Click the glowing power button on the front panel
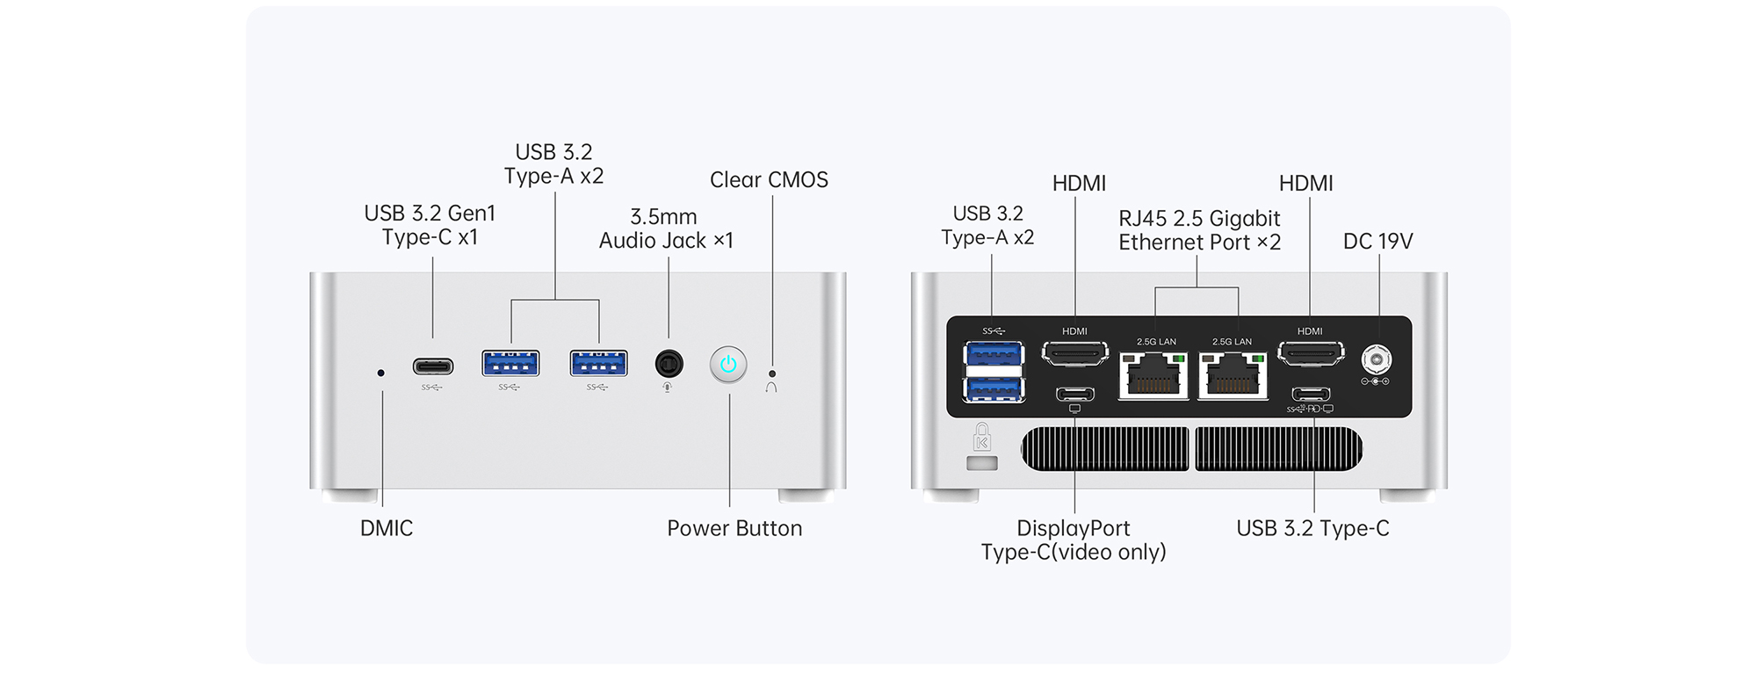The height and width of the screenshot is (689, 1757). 728,365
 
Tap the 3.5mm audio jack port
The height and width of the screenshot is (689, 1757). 669,363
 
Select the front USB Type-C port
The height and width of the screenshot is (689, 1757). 433,366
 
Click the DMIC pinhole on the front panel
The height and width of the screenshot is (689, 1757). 380,373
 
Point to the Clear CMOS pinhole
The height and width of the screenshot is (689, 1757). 772,374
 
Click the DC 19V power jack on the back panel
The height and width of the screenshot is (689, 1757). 1376,359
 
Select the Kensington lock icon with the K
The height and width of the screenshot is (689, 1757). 982,438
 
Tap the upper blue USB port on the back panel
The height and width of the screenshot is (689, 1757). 994,355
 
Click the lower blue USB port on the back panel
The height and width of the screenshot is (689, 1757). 994,388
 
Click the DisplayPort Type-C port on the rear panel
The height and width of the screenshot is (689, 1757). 1075,394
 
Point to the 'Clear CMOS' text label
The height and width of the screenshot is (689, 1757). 769,180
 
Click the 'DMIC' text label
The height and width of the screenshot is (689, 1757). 387,528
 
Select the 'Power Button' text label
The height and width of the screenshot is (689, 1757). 734,528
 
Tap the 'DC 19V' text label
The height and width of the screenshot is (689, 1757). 1377,242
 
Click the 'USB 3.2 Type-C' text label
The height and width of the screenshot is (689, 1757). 1312,528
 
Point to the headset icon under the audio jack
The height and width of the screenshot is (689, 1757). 668,388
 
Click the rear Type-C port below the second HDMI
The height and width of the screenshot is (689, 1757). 1311,394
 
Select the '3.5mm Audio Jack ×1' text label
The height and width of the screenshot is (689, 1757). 665,228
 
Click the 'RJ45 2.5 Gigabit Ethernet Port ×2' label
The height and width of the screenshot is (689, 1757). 1199,230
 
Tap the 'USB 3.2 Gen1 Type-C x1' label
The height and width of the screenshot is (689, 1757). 430,225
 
